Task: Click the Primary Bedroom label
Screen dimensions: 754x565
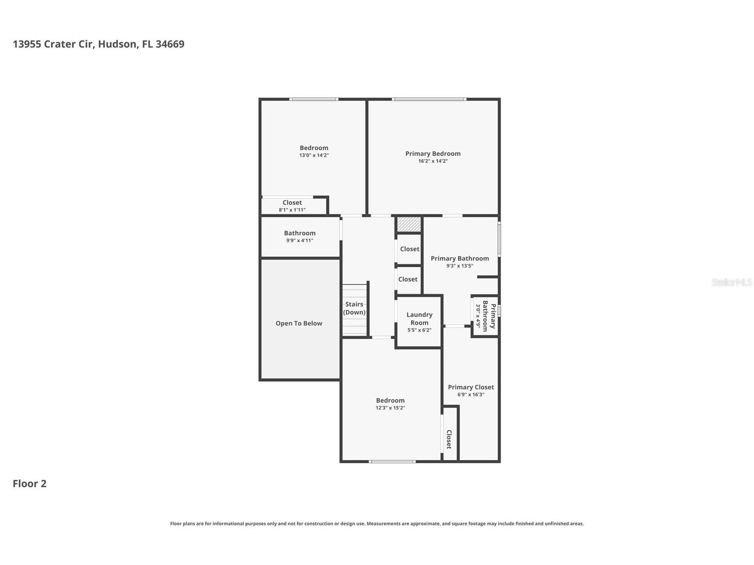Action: (x=433, y=154)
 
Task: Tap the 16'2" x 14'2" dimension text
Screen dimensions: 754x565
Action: (x=433, y=161)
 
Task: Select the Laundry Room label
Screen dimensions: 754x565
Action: (x=419, y=319)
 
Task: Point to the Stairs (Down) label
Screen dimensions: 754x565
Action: (x=354, y=308)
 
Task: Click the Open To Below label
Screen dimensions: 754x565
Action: (x=299, y=323)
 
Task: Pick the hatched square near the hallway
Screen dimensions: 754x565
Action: (x=409, y=224)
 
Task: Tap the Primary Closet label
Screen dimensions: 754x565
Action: (x=471, y=387)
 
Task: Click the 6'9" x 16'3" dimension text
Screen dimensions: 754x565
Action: (x=471, y=394)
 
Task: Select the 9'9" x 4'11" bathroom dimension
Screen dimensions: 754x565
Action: (x=300, y=240)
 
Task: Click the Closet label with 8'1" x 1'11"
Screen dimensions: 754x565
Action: (x=292, y=203)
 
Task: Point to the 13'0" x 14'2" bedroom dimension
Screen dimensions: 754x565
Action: (x=314, y=155)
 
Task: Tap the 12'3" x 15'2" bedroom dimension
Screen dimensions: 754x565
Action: (x=391, y=408)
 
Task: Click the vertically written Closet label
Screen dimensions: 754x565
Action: (x=449, y=439)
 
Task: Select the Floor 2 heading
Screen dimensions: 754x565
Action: (x=29, y=484)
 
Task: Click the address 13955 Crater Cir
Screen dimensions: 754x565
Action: (x=54, y=44)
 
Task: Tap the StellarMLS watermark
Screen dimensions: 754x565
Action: (x=732, y=282)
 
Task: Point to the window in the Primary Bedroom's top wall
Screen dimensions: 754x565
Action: (x=429, y=99)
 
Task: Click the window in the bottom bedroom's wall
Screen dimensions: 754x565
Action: (x=392, y=462)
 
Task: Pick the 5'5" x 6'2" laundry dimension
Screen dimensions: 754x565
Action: (x=419, y=330)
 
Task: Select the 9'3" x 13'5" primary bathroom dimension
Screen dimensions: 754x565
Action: (x=460, y=266)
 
